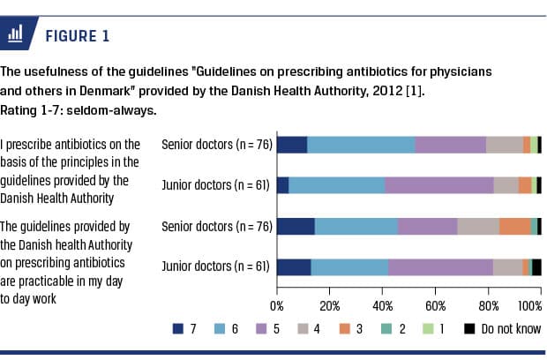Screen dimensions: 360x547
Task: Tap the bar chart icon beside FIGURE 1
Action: click(x=15, y=35)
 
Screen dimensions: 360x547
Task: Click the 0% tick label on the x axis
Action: click(x=276, y=305)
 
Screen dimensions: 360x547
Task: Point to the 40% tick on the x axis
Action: click(x=382, y=305)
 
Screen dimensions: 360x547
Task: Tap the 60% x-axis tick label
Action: click(x=435, y=305)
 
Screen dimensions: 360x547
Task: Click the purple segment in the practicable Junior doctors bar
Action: click(x=440, y=267)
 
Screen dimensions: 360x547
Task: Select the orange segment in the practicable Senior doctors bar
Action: click(x=515, y=226)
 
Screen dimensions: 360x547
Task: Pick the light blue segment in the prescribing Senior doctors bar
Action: click(x=361, y=145)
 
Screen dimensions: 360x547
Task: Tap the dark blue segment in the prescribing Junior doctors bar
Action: click(x=282, y=185)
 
